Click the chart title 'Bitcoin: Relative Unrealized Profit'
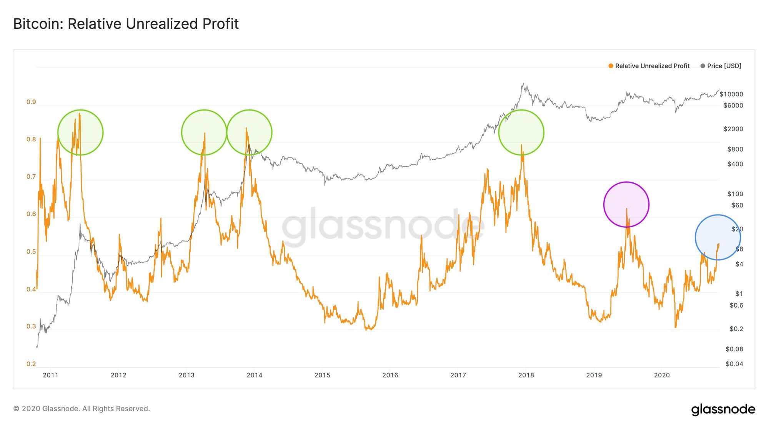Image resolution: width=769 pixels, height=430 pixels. click(126, 24)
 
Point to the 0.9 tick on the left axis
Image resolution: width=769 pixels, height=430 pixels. click(31, 102)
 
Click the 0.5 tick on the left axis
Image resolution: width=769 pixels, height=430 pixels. click(31, 252)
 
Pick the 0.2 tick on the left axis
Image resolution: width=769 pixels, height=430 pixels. click(31, 364)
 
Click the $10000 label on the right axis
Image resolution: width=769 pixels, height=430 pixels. click(731, 94)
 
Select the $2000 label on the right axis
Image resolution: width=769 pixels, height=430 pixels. click(733, 129)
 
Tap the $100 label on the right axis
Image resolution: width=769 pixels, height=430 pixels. click(735, 194)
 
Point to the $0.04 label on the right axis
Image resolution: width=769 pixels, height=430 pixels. click(734, 364)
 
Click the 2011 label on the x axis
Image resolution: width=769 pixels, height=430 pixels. click(50, 375)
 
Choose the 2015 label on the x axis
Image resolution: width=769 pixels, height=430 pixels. click(322, 375)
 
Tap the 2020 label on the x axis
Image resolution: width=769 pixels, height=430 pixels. click(662, 375)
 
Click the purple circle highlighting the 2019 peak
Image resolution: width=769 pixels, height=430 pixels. click(626, 204)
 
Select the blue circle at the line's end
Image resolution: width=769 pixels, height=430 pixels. click(717, 237)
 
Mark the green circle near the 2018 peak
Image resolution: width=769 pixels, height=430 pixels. click(521, 132)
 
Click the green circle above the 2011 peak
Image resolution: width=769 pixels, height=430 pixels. click(80, 132)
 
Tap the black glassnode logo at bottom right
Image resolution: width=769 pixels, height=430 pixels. click(723, 409)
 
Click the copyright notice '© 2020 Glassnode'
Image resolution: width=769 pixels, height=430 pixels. click(82, 409)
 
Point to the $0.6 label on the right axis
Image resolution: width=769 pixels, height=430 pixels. click(736, 306)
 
